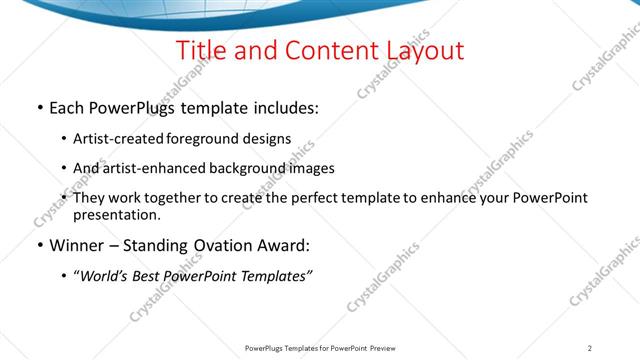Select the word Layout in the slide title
420,50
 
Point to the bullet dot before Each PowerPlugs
39,108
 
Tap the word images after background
309,168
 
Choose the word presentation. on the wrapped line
116,214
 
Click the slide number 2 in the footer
591,348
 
